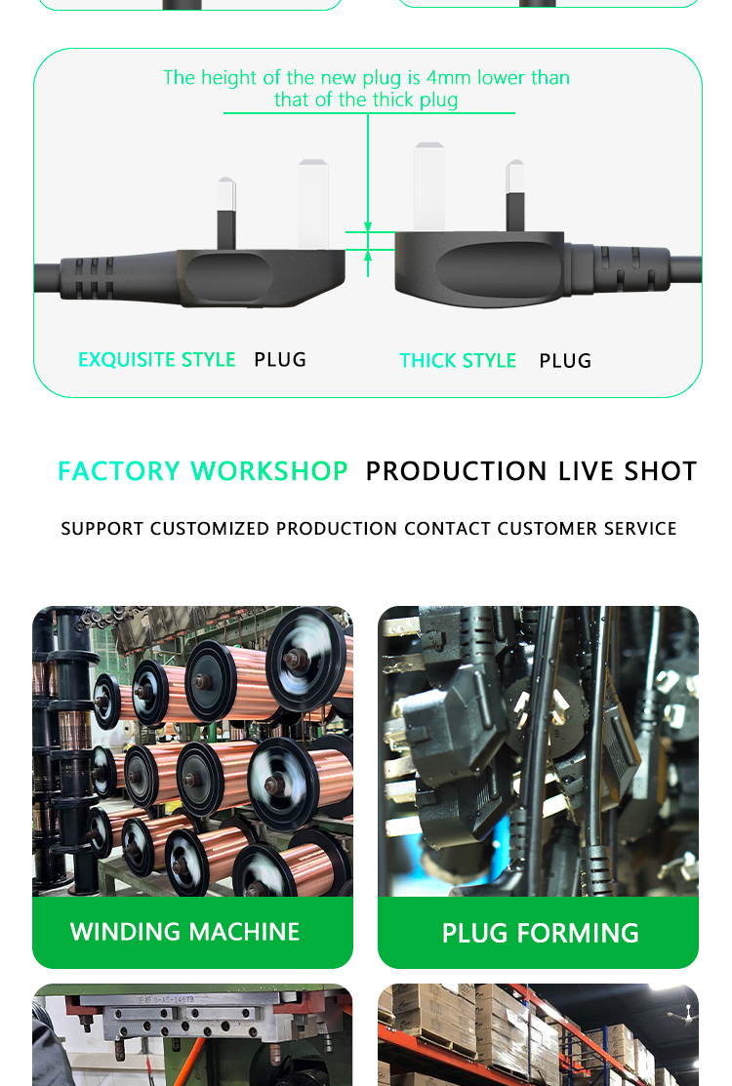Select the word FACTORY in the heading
[x=119, y=471]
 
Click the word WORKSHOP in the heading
[x=269, y=471]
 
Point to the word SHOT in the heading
[x=660, y=471]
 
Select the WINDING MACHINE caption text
[x=184, y=932]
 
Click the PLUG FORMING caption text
[x=540, y=933]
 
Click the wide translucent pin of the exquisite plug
[x=313, y=204]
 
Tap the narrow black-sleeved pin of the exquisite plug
[x=226, y=214]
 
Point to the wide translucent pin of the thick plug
[x=429, y=187]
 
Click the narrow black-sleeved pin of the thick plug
[x=515, y=196]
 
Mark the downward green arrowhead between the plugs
[x=368, y=227]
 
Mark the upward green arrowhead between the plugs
[x=368, y=255]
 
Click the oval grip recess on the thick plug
[x=498, y=270]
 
